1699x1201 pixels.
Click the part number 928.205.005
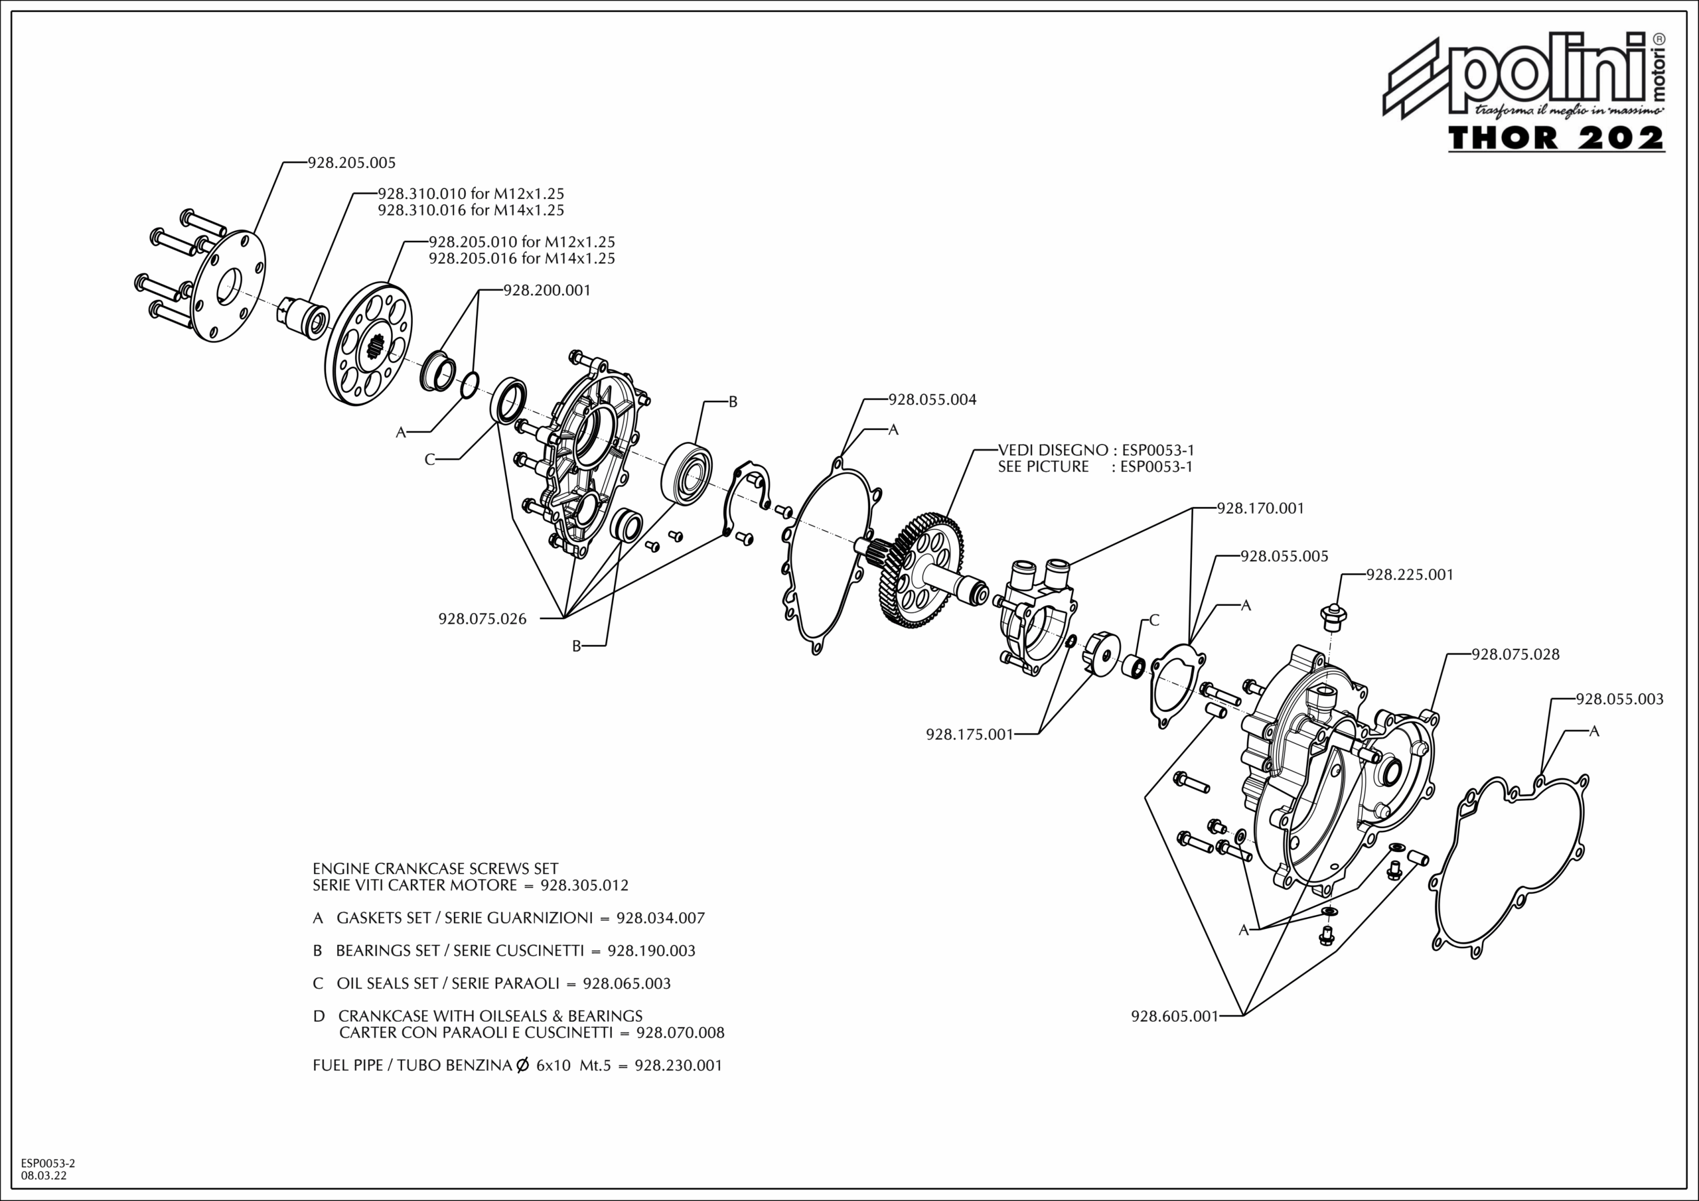click(x=352, y=163)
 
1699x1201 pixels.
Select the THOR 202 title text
click(x=1556, y=139)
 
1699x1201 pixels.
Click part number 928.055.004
click(x=932, y=400)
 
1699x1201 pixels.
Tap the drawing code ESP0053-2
click(x=48, y=1163)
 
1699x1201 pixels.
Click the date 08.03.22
click(x=44, y=1175)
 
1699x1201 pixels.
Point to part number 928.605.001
click(x=1174, y=1017)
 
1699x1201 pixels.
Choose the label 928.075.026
click(x=482, y=619)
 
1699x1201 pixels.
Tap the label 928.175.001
click(x=970, y=735)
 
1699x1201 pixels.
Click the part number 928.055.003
click(x=1620, y=699)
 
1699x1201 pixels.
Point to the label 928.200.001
click(x=547, y=291)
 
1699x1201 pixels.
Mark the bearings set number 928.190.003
click(x=651, y=951)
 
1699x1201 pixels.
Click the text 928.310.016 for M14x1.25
click(x=471, y=210)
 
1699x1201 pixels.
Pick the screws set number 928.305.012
click(x=585, y=885)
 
